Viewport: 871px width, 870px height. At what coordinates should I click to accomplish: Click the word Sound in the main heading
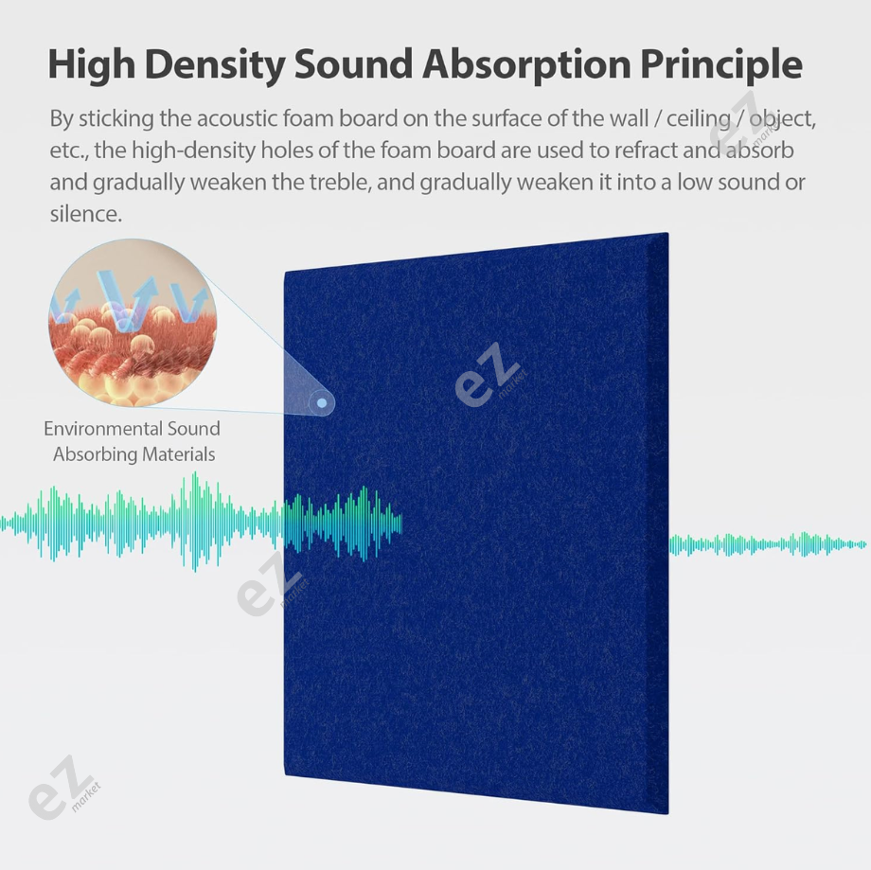(x=352, y=65)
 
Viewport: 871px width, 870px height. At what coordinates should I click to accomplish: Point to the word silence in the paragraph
(x=85, y=214)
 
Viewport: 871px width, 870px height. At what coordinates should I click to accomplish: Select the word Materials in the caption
(x=179, y=454)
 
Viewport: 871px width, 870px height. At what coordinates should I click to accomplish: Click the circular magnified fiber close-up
(x=133, y=322)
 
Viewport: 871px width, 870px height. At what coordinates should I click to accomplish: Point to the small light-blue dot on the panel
(x=322, y=404)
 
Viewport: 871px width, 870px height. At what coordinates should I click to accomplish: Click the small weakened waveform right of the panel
(x=767, y=544)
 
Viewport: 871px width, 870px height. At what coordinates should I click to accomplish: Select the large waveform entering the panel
(x=199, y=522)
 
